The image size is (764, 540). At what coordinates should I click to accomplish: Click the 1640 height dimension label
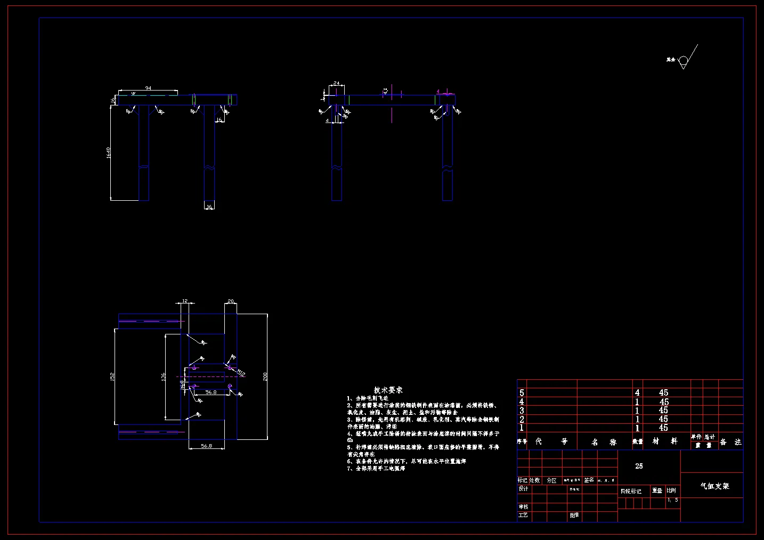coord(109,153)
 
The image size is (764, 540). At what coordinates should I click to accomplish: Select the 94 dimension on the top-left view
coord(148,88)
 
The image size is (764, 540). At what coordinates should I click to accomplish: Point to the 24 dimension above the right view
coord(337,84)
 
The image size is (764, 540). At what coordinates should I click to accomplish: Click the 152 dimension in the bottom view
coord(112,377)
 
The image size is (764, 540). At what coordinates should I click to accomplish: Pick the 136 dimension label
coord(164,376)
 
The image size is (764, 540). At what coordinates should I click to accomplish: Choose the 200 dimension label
coord(265,377)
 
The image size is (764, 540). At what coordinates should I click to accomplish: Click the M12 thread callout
coord(241,372)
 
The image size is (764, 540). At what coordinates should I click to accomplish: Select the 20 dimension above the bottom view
coord(230,302)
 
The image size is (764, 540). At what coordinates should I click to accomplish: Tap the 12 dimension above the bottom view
coord(185,302)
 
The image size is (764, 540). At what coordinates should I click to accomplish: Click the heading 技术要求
coord(388,390)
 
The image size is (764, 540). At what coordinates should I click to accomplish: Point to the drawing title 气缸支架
coord(714,486)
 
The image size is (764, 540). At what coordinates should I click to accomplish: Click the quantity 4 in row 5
coord(637,392)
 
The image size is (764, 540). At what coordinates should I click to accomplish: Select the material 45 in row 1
coord(663,428)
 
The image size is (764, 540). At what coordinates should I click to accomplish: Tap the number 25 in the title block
coord(639,466)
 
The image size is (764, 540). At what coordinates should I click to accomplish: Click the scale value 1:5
coord(673,500)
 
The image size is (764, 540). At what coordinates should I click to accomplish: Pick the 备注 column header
coord(730,442)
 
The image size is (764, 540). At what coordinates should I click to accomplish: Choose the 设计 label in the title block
coord(524,489)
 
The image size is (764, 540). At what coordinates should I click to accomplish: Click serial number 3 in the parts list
coord(522,411)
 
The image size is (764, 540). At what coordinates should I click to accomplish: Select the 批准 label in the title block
coord(574,516)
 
